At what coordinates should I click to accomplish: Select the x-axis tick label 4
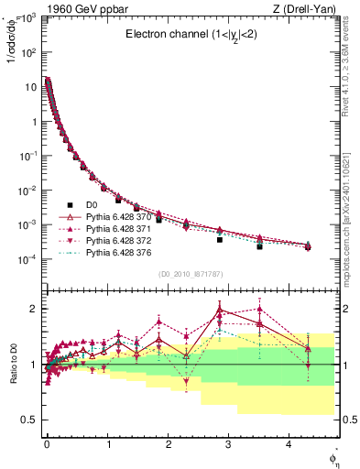(289, 445)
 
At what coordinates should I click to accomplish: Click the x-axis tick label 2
(168, 445)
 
